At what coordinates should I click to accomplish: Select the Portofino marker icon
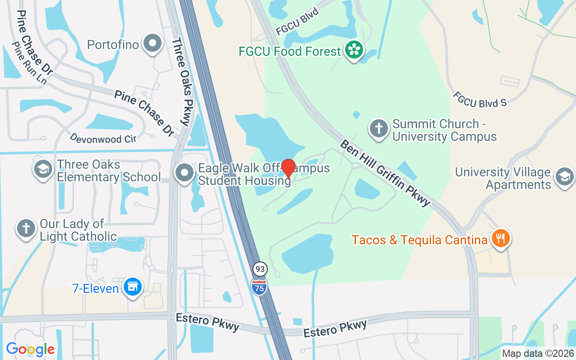click(153, 44)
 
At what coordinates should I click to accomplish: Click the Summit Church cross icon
click(379, 129)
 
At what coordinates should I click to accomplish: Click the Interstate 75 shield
click(259, 287)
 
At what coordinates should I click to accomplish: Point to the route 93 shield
click(260, 269)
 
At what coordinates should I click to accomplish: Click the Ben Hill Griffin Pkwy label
click(385, 173)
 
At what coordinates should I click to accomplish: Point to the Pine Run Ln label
click(29, 63)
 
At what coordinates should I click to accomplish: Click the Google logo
click(31, 349)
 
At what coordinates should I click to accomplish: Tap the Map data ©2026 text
click(538, 353)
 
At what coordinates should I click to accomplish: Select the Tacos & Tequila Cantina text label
click(419, 240)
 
